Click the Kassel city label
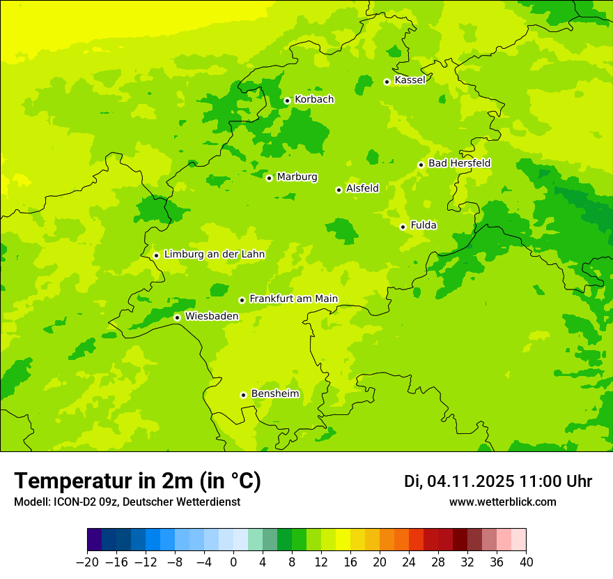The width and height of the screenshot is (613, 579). point(410,80)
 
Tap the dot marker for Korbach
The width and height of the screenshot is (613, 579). point(287,100)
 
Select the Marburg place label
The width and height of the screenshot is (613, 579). point(297,177)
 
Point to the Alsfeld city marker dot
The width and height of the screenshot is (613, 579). point(339,190)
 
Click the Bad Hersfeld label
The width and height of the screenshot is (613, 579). point(459,163)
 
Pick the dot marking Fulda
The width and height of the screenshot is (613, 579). point(403,227)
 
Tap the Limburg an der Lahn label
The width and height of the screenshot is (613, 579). point(214,255)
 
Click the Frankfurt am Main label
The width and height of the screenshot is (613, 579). point(293,299)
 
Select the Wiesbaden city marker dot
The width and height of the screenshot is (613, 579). point(177,317)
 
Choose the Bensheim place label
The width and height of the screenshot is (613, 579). point(274,393)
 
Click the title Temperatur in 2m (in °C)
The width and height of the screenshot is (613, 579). point(137,481)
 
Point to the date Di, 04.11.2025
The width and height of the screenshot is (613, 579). point(459,481)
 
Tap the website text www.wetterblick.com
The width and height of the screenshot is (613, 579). point(502,502)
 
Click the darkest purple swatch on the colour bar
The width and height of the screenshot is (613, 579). point(94,540)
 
